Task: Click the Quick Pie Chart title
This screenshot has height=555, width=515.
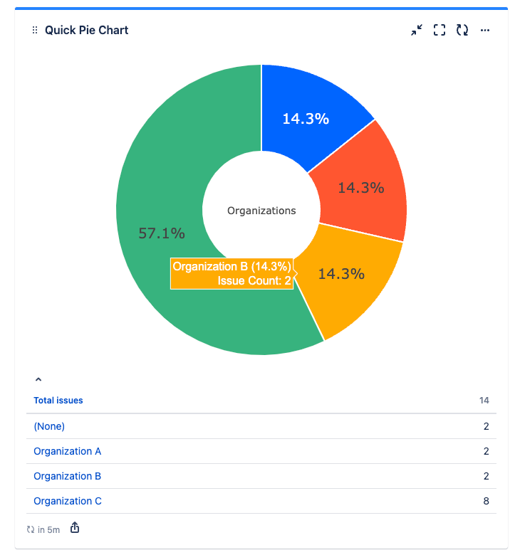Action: (86, 30)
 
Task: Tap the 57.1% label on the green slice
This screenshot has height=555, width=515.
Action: (162, 233)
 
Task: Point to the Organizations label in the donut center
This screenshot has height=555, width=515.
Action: (261, 211)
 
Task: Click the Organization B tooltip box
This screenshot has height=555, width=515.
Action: (232, 273)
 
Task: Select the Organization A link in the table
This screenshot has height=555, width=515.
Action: (68, 451)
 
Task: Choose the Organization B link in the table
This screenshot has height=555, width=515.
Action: (68, 476)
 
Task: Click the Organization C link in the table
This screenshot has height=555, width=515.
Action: (68, 501)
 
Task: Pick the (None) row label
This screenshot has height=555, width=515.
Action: (49, 426)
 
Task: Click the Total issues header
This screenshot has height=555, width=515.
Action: (58, 401)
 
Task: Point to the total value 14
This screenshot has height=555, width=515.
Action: (484, 401)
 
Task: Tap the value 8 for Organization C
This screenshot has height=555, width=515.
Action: (486, 501)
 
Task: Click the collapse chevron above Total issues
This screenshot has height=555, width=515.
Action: (38, 381)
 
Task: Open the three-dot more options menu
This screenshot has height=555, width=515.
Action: (485, 30)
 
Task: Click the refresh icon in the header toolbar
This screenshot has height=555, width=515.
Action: (462, 30)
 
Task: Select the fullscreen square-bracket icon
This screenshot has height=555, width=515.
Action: (439, 30)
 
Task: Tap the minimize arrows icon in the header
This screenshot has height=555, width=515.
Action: (417, 30)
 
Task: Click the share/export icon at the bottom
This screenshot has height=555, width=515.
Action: (75, 528)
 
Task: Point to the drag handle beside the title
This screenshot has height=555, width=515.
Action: (34, 30)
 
